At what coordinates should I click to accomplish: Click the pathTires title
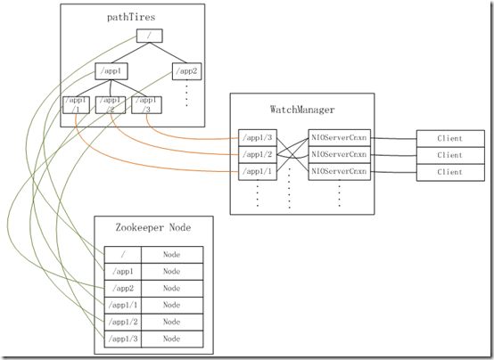click(x=131, y=17)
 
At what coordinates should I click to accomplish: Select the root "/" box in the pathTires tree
click(x=149, y=36)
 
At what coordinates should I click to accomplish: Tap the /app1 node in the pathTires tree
click(x=111, y=71)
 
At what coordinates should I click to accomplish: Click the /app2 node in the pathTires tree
click(x=186, y=71)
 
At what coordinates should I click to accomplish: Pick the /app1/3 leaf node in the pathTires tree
click(x=146, y=105)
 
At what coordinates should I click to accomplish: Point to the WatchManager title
click(x=302, y=110)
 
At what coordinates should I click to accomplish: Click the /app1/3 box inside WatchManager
click(x=258, y=137)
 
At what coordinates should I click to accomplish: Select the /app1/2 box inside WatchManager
click(x=258, y=155)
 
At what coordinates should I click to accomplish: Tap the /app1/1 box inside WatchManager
click(x=258, y=172)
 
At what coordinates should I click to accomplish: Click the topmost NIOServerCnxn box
click(x=340, y=137)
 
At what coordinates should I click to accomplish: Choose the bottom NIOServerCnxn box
click(x=340, y=172)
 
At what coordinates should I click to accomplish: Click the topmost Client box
click(x=450, y=139)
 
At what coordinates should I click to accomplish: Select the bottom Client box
click(x=450, y=172)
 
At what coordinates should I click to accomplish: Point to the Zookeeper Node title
click(x=153, y=227)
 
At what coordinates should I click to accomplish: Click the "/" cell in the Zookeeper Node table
click(x=123, y=255)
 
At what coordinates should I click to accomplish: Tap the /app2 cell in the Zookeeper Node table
click(x=123, y=289)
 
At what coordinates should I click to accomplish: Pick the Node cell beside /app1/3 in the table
click(x=172, y=339)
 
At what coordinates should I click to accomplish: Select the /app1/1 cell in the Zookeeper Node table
click(x=123, y=305)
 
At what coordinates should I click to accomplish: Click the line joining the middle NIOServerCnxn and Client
click(x=393, y=155)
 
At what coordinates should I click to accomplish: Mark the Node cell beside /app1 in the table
click(x=172, y=272)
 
